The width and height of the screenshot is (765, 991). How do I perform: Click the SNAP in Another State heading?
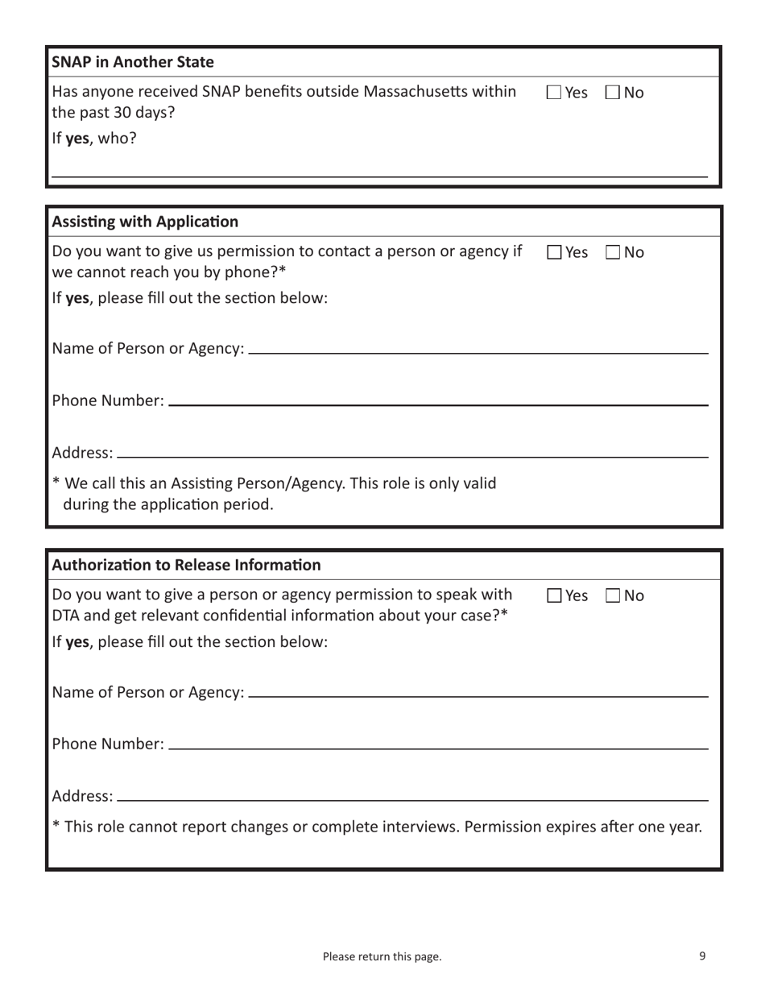133,61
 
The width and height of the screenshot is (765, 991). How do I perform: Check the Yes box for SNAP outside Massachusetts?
554,93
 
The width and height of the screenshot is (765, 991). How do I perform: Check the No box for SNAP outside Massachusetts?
613,93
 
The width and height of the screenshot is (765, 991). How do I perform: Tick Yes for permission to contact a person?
554,253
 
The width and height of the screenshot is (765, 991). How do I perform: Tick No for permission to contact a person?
613,253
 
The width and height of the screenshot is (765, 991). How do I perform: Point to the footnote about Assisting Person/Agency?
274,494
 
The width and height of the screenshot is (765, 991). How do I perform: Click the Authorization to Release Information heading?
186,565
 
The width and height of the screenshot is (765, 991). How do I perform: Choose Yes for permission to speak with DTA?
554,597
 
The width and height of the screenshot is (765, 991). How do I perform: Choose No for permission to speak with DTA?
613,597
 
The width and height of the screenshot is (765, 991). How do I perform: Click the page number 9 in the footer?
702,956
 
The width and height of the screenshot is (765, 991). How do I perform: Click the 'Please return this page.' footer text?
382,957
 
